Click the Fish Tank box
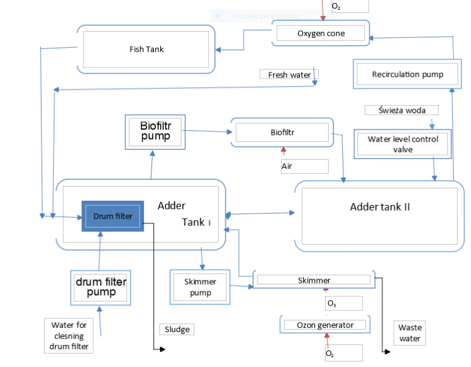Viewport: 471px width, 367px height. (x=146, y=49)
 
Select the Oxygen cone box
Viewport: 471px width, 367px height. (x=321, y=33)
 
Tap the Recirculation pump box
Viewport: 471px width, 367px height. (x=407, y=74)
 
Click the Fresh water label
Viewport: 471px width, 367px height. (x=289, y=75)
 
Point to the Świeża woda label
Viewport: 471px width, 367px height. (x=402, y=110)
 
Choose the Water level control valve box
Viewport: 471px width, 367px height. (x=402, y=144)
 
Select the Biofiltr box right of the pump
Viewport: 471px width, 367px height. (x=282, y=132)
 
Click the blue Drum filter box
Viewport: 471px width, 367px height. (x=112, y=216)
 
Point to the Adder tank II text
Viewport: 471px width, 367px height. (x=380, y=207)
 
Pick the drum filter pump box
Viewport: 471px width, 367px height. (x=101, y=287)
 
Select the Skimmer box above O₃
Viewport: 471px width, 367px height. (x=314, y=280)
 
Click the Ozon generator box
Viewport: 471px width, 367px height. (x=325, y=324)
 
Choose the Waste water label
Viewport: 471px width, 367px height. (x=410, y=333)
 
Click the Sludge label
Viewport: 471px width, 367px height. (x=176, y=329)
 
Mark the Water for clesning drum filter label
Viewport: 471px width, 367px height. (x=68, y=336)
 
